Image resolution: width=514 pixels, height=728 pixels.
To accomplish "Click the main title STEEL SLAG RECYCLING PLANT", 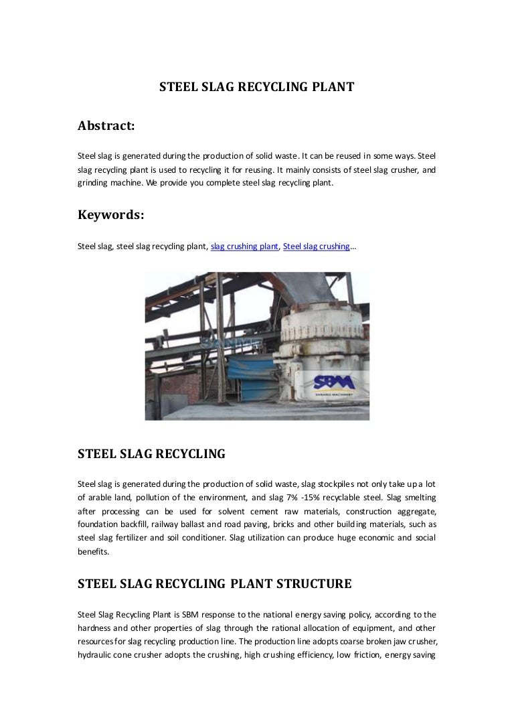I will [x=256, y=86].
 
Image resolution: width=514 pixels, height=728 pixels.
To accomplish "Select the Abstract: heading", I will [x=106, y=125].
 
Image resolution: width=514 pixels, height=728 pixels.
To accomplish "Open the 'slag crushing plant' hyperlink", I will [x=244, y=246].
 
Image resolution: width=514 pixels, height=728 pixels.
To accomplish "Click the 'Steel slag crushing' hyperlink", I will [x=317, y=246].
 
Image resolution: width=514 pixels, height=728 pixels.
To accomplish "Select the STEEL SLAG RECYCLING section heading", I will [x=151, y=453].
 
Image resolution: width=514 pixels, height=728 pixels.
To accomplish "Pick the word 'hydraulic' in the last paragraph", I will [x=96, y=656].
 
